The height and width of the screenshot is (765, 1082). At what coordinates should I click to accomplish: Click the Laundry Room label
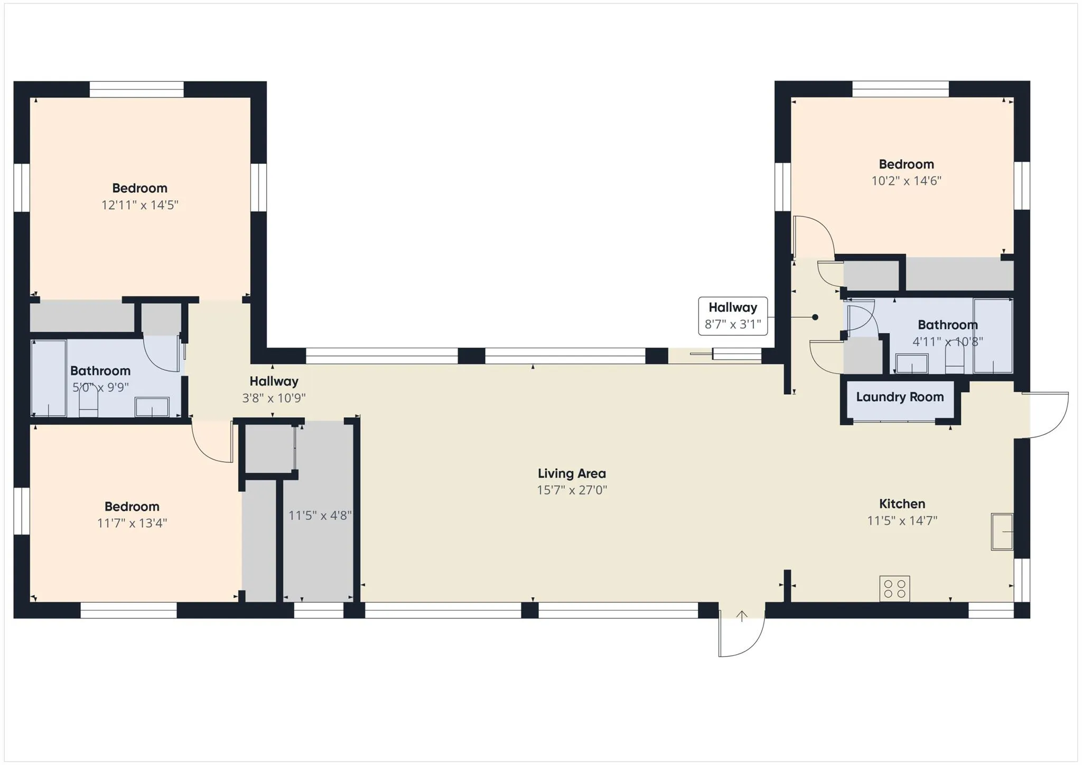(900, 397)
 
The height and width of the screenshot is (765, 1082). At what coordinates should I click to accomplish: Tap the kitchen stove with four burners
(894, 588)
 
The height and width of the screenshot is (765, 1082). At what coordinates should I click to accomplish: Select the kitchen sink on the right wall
(1002, 531)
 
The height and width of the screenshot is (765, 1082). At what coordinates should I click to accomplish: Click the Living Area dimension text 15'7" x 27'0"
(572, 490)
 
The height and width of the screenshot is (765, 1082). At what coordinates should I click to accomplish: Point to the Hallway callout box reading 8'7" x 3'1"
(733, 316)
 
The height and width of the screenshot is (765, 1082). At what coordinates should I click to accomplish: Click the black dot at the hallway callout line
(815, 317)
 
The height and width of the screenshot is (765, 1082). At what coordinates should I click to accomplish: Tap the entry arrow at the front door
(742, 616)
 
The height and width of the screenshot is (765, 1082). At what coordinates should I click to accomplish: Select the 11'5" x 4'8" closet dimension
(320, 515)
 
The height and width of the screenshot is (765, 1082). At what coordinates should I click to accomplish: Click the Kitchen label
(902, 503)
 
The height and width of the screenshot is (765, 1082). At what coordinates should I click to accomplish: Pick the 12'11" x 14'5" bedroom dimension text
(140, 204)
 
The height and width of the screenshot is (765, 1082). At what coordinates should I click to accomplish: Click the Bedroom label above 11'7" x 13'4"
(132, 507)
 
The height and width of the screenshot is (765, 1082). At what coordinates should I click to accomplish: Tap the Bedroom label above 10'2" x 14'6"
(907, 164)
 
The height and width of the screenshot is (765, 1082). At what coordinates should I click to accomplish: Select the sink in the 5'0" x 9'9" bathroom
(152, 407)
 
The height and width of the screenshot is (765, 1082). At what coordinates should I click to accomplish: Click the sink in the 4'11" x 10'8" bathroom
(912, 363)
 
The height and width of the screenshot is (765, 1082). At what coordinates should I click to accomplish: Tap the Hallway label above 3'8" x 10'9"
(274, 381)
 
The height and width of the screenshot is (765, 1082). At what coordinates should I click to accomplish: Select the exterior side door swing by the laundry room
(1046, 415)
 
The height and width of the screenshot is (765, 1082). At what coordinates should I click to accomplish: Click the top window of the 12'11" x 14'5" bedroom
(136, 89)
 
